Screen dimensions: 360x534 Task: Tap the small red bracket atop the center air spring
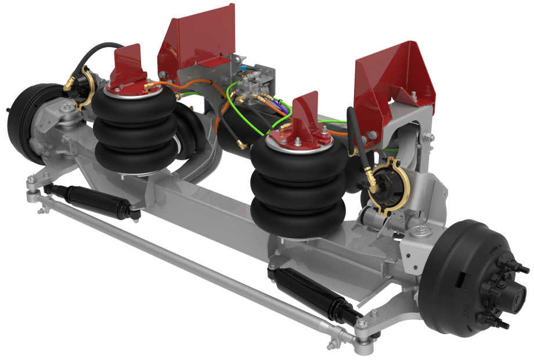pos(306,116)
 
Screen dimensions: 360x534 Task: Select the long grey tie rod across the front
pos(192,261)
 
